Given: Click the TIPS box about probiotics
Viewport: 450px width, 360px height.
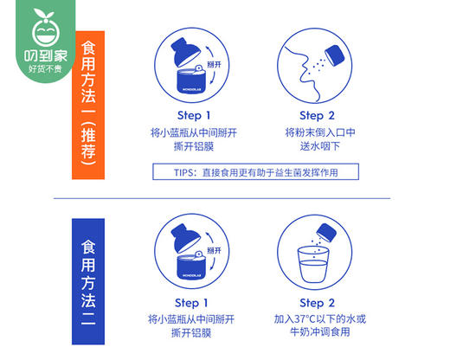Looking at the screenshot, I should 254,173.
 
